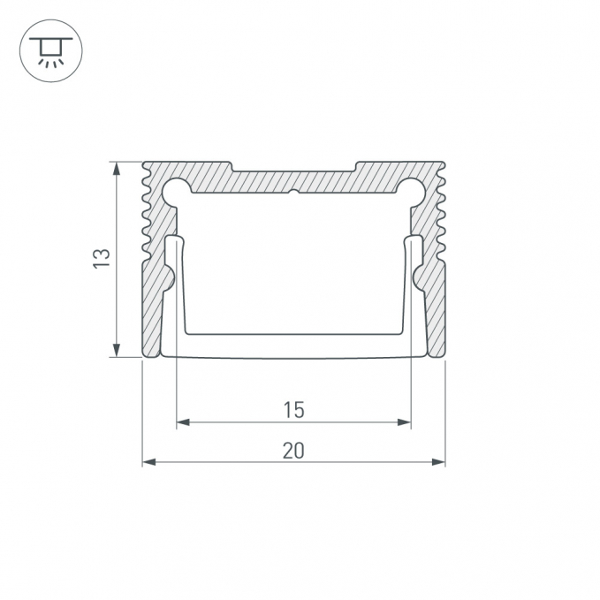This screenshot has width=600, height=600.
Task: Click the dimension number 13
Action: pos(102,258)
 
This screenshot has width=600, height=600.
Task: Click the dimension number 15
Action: pos(293,410)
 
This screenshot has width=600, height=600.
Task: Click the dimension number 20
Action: pos(293,451)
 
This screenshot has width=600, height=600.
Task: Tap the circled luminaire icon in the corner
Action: pos(51,51)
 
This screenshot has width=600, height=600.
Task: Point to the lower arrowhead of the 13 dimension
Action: pos(117,350)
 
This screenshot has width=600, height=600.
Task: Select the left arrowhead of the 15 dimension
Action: pos(183,422)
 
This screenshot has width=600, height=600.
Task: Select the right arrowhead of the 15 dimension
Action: pos(404,422)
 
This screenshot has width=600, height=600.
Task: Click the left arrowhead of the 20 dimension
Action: pos(149,462)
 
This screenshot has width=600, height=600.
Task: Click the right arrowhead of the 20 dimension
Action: pos(438,462)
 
